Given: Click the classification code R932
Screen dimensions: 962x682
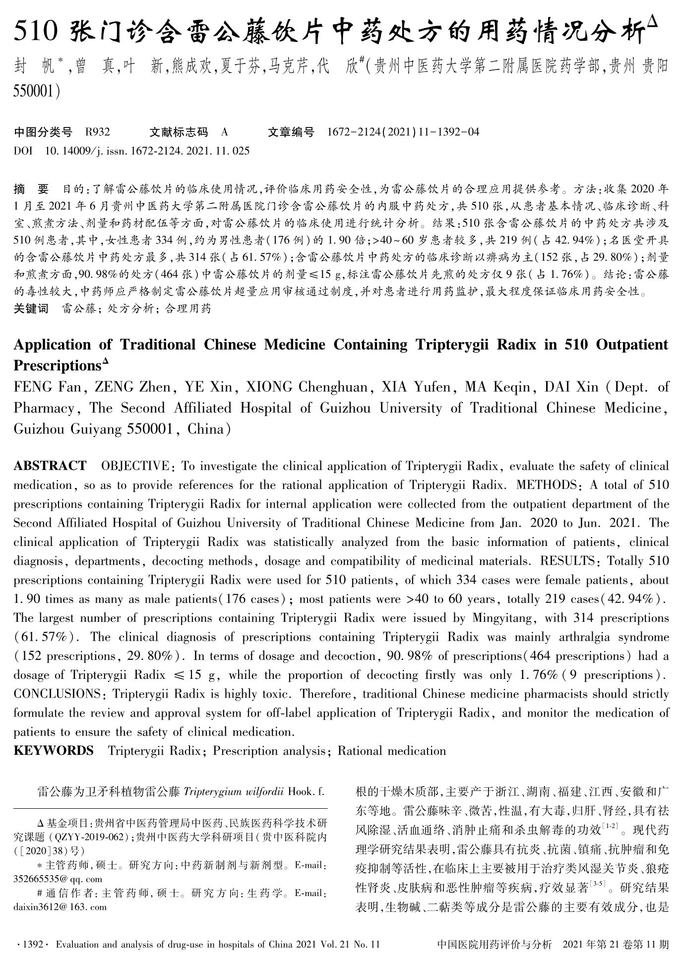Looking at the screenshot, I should pyautogui.click(x=97, y=132).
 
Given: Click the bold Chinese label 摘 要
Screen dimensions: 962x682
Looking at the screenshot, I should pyautogui.click(x=31, y=189).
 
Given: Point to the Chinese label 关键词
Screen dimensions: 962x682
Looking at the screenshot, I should pyautogui.click(x=31, y=308).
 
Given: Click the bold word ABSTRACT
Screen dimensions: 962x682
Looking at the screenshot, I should pyautogui.click(x=50, y=466).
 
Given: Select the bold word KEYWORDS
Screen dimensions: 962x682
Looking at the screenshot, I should pyautogui.click(x=54, y=751).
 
